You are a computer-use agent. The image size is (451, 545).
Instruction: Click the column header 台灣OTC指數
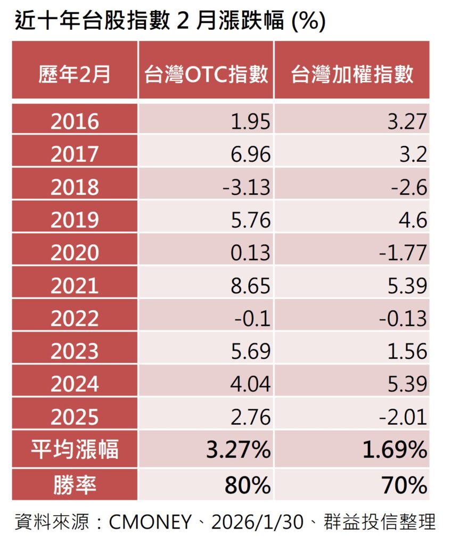coord(206,73)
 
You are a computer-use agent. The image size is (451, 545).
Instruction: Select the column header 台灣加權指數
coord(352,73)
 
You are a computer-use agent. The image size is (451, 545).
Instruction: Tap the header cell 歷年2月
coord(75,73)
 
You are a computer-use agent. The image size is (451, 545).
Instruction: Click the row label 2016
coord(75,121)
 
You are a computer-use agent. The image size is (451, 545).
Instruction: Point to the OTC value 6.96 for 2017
coord(250,154)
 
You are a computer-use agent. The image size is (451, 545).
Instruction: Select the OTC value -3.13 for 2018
coord(246,187)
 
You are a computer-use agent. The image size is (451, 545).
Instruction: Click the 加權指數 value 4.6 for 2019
coord(413,220)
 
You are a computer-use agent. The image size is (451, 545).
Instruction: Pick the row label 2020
coord(75,253)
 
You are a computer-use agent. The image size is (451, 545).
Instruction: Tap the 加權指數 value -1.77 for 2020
coord(403,253)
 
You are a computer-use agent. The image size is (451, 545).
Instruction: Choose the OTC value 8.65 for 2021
coord(250,286)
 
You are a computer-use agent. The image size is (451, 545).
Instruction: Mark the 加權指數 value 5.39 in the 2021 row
coord(407,286)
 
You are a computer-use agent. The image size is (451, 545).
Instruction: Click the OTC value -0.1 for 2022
coord(252,318)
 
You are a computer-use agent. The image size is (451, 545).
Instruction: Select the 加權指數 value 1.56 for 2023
coord(407,351)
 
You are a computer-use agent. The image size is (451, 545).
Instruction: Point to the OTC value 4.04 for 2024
coord(250,384)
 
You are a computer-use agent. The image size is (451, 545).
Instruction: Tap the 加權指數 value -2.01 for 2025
coord(403,417)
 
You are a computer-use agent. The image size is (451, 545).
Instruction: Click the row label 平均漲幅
coord(75,449)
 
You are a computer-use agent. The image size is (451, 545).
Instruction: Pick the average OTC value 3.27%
coord(238,449)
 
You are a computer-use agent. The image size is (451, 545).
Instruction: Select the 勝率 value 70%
coord(404,485)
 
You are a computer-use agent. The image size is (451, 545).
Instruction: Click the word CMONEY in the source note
coord(150,522)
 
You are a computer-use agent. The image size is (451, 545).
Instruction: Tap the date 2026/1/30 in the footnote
coord(257,522)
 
